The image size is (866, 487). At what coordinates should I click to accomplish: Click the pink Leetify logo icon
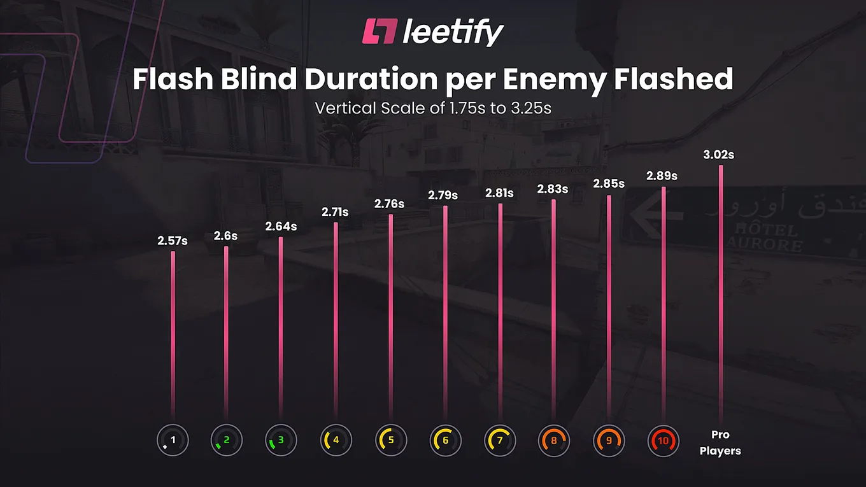380,31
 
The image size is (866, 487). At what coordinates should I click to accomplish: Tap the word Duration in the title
371,79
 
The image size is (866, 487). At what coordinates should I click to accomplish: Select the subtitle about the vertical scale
433,108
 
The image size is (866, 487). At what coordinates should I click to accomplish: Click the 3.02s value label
718,155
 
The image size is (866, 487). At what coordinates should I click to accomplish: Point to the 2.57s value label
173,241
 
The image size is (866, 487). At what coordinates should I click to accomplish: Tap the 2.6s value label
226,236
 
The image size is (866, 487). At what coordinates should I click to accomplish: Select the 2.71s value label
335,212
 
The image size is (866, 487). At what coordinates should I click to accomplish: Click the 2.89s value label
662,176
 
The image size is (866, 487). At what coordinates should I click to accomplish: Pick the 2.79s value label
443,195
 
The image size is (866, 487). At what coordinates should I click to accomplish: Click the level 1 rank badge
173,441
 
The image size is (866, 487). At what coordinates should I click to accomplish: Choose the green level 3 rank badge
281,441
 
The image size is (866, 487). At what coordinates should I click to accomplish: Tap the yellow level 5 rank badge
391,441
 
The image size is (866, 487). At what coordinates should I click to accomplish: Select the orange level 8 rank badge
553,441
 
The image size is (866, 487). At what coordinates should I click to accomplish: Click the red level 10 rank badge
664,441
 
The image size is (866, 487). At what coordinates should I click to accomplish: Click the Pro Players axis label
720,443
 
